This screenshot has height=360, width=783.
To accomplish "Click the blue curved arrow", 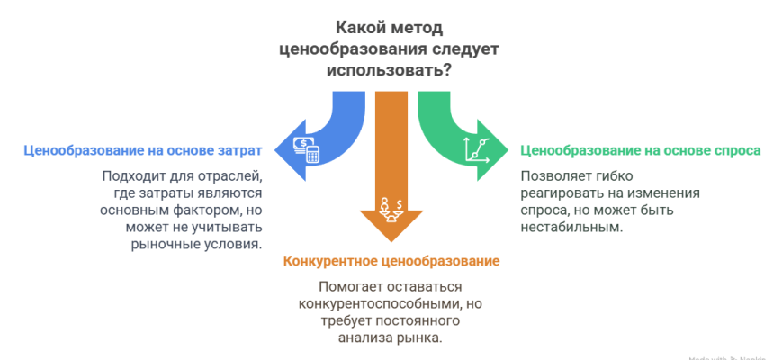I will (x=333, y=135).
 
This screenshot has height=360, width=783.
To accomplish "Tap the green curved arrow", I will (x=450, y=135).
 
